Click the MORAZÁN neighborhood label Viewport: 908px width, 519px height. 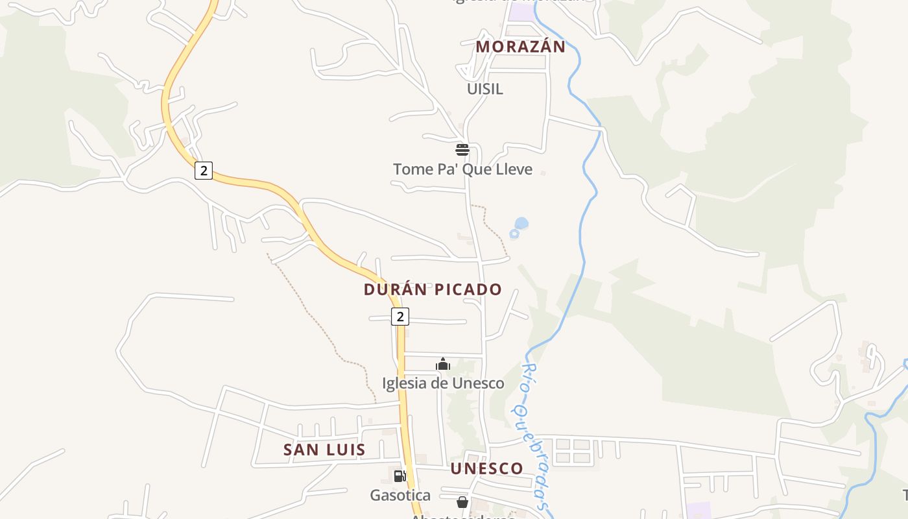pos(520,47)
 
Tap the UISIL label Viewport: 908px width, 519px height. pos(484,89)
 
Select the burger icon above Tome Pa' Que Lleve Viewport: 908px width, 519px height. pos(462,150)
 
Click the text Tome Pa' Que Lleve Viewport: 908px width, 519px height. pos(462,169)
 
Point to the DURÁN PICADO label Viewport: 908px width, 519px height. pos(433,289)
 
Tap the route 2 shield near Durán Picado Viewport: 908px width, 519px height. pos(400,317)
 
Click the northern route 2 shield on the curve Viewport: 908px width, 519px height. pos(204,171)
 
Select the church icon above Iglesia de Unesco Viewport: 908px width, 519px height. pos(443,364)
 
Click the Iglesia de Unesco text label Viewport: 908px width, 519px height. pos(443,383)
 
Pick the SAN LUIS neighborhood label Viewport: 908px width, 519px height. pos(324,450)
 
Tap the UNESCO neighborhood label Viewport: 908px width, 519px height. pos(486,468)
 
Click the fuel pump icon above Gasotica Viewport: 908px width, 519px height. pos(400,476)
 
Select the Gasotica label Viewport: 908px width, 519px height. pos(400,496)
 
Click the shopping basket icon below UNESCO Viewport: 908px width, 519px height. pos(462,502)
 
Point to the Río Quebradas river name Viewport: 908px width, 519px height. pos(536,435)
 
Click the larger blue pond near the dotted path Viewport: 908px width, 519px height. pos(521,224)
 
